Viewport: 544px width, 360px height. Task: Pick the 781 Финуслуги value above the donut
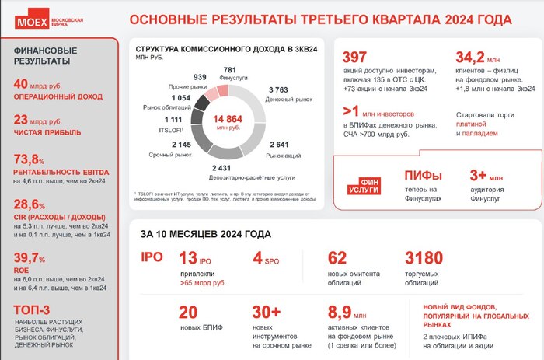(x=229, y=70)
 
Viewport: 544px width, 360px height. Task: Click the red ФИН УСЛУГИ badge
(x=363, y=186)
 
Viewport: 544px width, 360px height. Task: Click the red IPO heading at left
(x=151, y=258)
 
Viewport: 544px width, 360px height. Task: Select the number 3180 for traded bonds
(x=424, y=258)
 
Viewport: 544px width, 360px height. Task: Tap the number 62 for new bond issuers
(x=337, y=258)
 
